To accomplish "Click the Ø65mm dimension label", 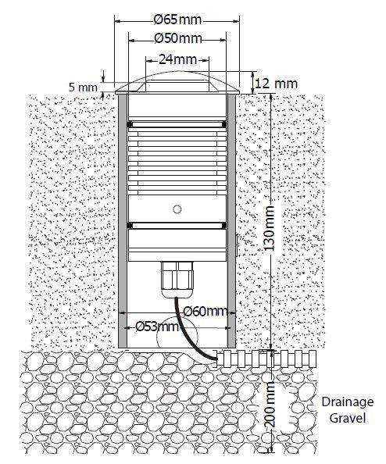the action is [x=177, y=20].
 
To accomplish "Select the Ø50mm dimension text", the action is [x=178, y=38].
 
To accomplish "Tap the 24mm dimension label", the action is [x=177, y=59].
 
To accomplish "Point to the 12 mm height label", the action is [x=276, y=84].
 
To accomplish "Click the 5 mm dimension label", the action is [x=83, y=87].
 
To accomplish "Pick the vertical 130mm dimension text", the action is [x=269, y=228].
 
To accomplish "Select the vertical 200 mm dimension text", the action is [x=269, y=404].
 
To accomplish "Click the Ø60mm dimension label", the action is [x=206, y=312].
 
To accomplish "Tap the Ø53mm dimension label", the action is [x=157, y=327].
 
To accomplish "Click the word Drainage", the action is [x=348, y=402].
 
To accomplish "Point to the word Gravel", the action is [x=348, y=418].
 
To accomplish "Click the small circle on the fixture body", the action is [x=177, y=209].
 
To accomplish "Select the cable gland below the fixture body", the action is [x=177, y=280].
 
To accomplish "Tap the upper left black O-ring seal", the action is [x=130, y=124].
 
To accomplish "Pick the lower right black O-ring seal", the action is [x=224, y=226].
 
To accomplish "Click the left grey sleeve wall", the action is [x=123, y=221].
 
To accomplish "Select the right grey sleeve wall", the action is [x=231, y=221].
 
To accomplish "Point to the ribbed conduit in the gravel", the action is [x=266, y=359].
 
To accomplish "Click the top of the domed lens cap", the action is [x=177, y=72].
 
